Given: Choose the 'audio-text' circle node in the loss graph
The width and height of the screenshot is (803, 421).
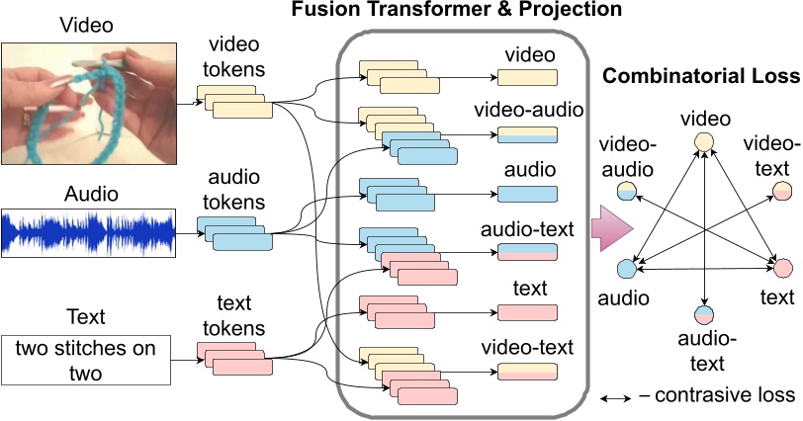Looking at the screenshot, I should (x=703, y=315).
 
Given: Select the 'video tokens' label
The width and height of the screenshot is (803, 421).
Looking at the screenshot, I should (x=236, y=60).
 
